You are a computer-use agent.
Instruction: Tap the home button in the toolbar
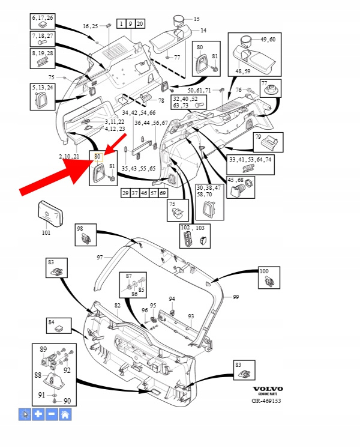(x=65, y=414)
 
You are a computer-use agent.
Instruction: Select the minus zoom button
(x=52, y=414)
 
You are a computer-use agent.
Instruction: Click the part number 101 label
(x=46, y=232)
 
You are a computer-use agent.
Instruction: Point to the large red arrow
(x=60, y=174)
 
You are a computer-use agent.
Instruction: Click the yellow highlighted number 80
(x=98, y=157)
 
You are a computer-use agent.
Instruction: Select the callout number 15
(x=196, y=19)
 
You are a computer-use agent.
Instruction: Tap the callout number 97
(x=101, y=257)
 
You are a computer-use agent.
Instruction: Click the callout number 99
(x=236, y=297)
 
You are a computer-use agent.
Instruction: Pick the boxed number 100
(x=264, y=271)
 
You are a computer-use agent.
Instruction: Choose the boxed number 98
(x=79, y=228)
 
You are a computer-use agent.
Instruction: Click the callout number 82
(x=118, y=306)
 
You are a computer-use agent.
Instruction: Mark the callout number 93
(x=191, y=316)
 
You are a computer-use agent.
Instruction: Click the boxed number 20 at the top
(x=140, y=24)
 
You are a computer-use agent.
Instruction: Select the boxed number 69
(x=163, y=193)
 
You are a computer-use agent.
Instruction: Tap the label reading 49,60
(x=268, y=39)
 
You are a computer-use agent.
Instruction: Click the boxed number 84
(x=52, y=322)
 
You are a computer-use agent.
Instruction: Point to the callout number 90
(x=67, y=401)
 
